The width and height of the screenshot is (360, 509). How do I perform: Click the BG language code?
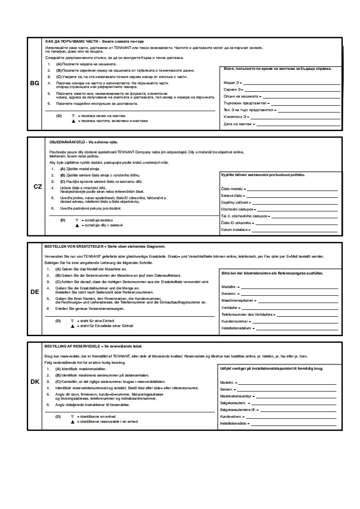click(x=35, y=83)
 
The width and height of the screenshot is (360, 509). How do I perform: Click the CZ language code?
click(x=38, y=186)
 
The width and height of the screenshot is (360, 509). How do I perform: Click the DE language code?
click(x=35, y=292)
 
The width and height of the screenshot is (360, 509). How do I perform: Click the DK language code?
click(x=35, y=382)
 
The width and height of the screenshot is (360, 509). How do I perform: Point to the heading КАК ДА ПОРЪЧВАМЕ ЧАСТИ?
click(x=73, y=41)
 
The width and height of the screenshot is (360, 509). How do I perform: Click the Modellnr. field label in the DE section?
click(x=229, y=287)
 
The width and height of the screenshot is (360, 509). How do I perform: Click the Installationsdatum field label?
click(x=236, y=328)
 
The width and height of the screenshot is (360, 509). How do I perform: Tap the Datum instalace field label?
click(x=234, y=230)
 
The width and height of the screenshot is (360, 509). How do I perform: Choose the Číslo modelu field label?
click(x=232, y=189)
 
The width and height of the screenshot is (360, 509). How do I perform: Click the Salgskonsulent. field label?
click(x=233, y=403)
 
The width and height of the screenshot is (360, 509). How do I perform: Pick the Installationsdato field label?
click(x=233, y=423)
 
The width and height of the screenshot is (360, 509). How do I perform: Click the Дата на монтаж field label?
click(x=238, y=124)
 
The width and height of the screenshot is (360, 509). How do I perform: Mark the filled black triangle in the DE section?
click(x=72, y=326)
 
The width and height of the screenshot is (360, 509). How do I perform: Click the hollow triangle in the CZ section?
click(x=77, y=220)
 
